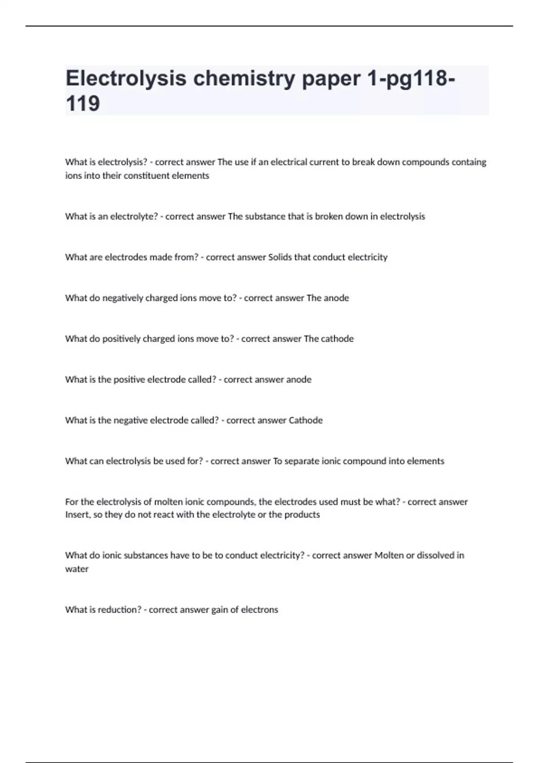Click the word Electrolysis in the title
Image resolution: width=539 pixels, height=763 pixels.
tap(126, 79)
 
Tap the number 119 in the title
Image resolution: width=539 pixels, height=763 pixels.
tap(83, 104)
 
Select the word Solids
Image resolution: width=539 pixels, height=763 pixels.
tap(280, 257)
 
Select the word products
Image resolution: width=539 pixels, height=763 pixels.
tap(302, 515)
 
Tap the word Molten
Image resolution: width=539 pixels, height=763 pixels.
tap(389, 556)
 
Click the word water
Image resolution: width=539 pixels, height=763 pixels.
tap(77, 569)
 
